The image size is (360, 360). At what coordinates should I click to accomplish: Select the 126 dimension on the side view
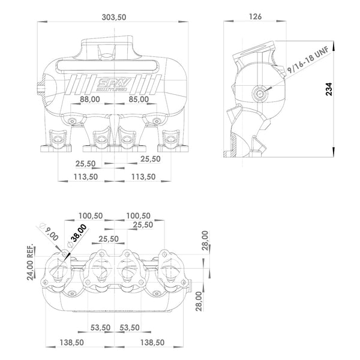255,17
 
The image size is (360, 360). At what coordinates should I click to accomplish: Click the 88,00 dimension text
88,100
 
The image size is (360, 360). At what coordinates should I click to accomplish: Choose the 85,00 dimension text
138,100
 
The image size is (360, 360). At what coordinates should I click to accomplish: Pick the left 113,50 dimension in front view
85,177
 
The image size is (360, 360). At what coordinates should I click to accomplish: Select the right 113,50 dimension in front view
143,177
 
